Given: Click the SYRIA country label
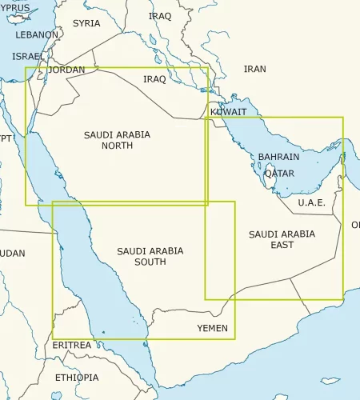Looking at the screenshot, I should click(x=86, y=23).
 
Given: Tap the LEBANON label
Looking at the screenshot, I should click(x=38, y=35).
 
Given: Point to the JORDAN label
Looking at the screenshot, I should click(x=66, y=70).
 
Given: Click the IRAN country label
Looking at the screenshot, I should click(x=254, y=70).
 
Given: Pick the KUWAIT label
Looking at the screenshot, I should click(x=228, y=112).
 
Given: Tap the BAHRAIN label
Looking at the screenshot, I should click(x=279, y=158).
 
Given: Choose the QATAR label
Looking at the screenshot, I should click(x=278, y=173).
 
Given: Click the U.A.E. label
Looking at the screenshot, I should click(x=311, y=202).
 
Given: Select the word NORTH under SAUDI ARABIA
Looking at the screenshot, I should click(x=117, y=146).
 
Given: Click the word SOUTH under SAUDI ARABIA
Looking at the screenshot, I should click(x=150, y=262).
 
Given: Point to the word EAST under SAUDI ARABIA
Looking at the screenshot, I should click(x=282, y=245).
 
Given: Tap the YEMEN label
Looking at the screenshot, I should click(x=212, y=328).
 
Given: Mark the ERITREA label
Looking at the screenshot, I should click(x=72, y=345).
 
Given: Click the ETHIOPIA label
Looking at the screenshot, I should click(x=77, y=377).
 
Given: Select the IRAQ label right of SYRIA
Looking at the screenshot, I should click(x=160, y=16).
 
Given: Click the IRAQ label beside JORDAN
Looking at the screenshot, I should click(x=154, y=79).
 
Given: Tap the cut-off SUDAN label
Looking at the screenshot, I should click(x=10, y=254).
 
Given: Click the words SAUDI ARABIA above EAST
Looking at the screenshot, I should click(x=282, y=234).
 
